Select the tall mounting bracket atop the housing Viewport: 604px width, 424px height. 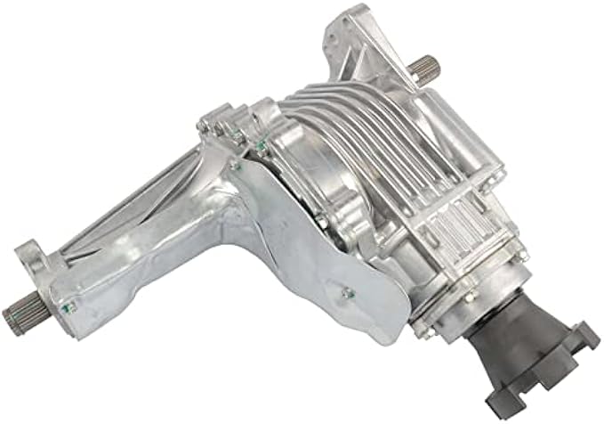pos(355,45)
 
